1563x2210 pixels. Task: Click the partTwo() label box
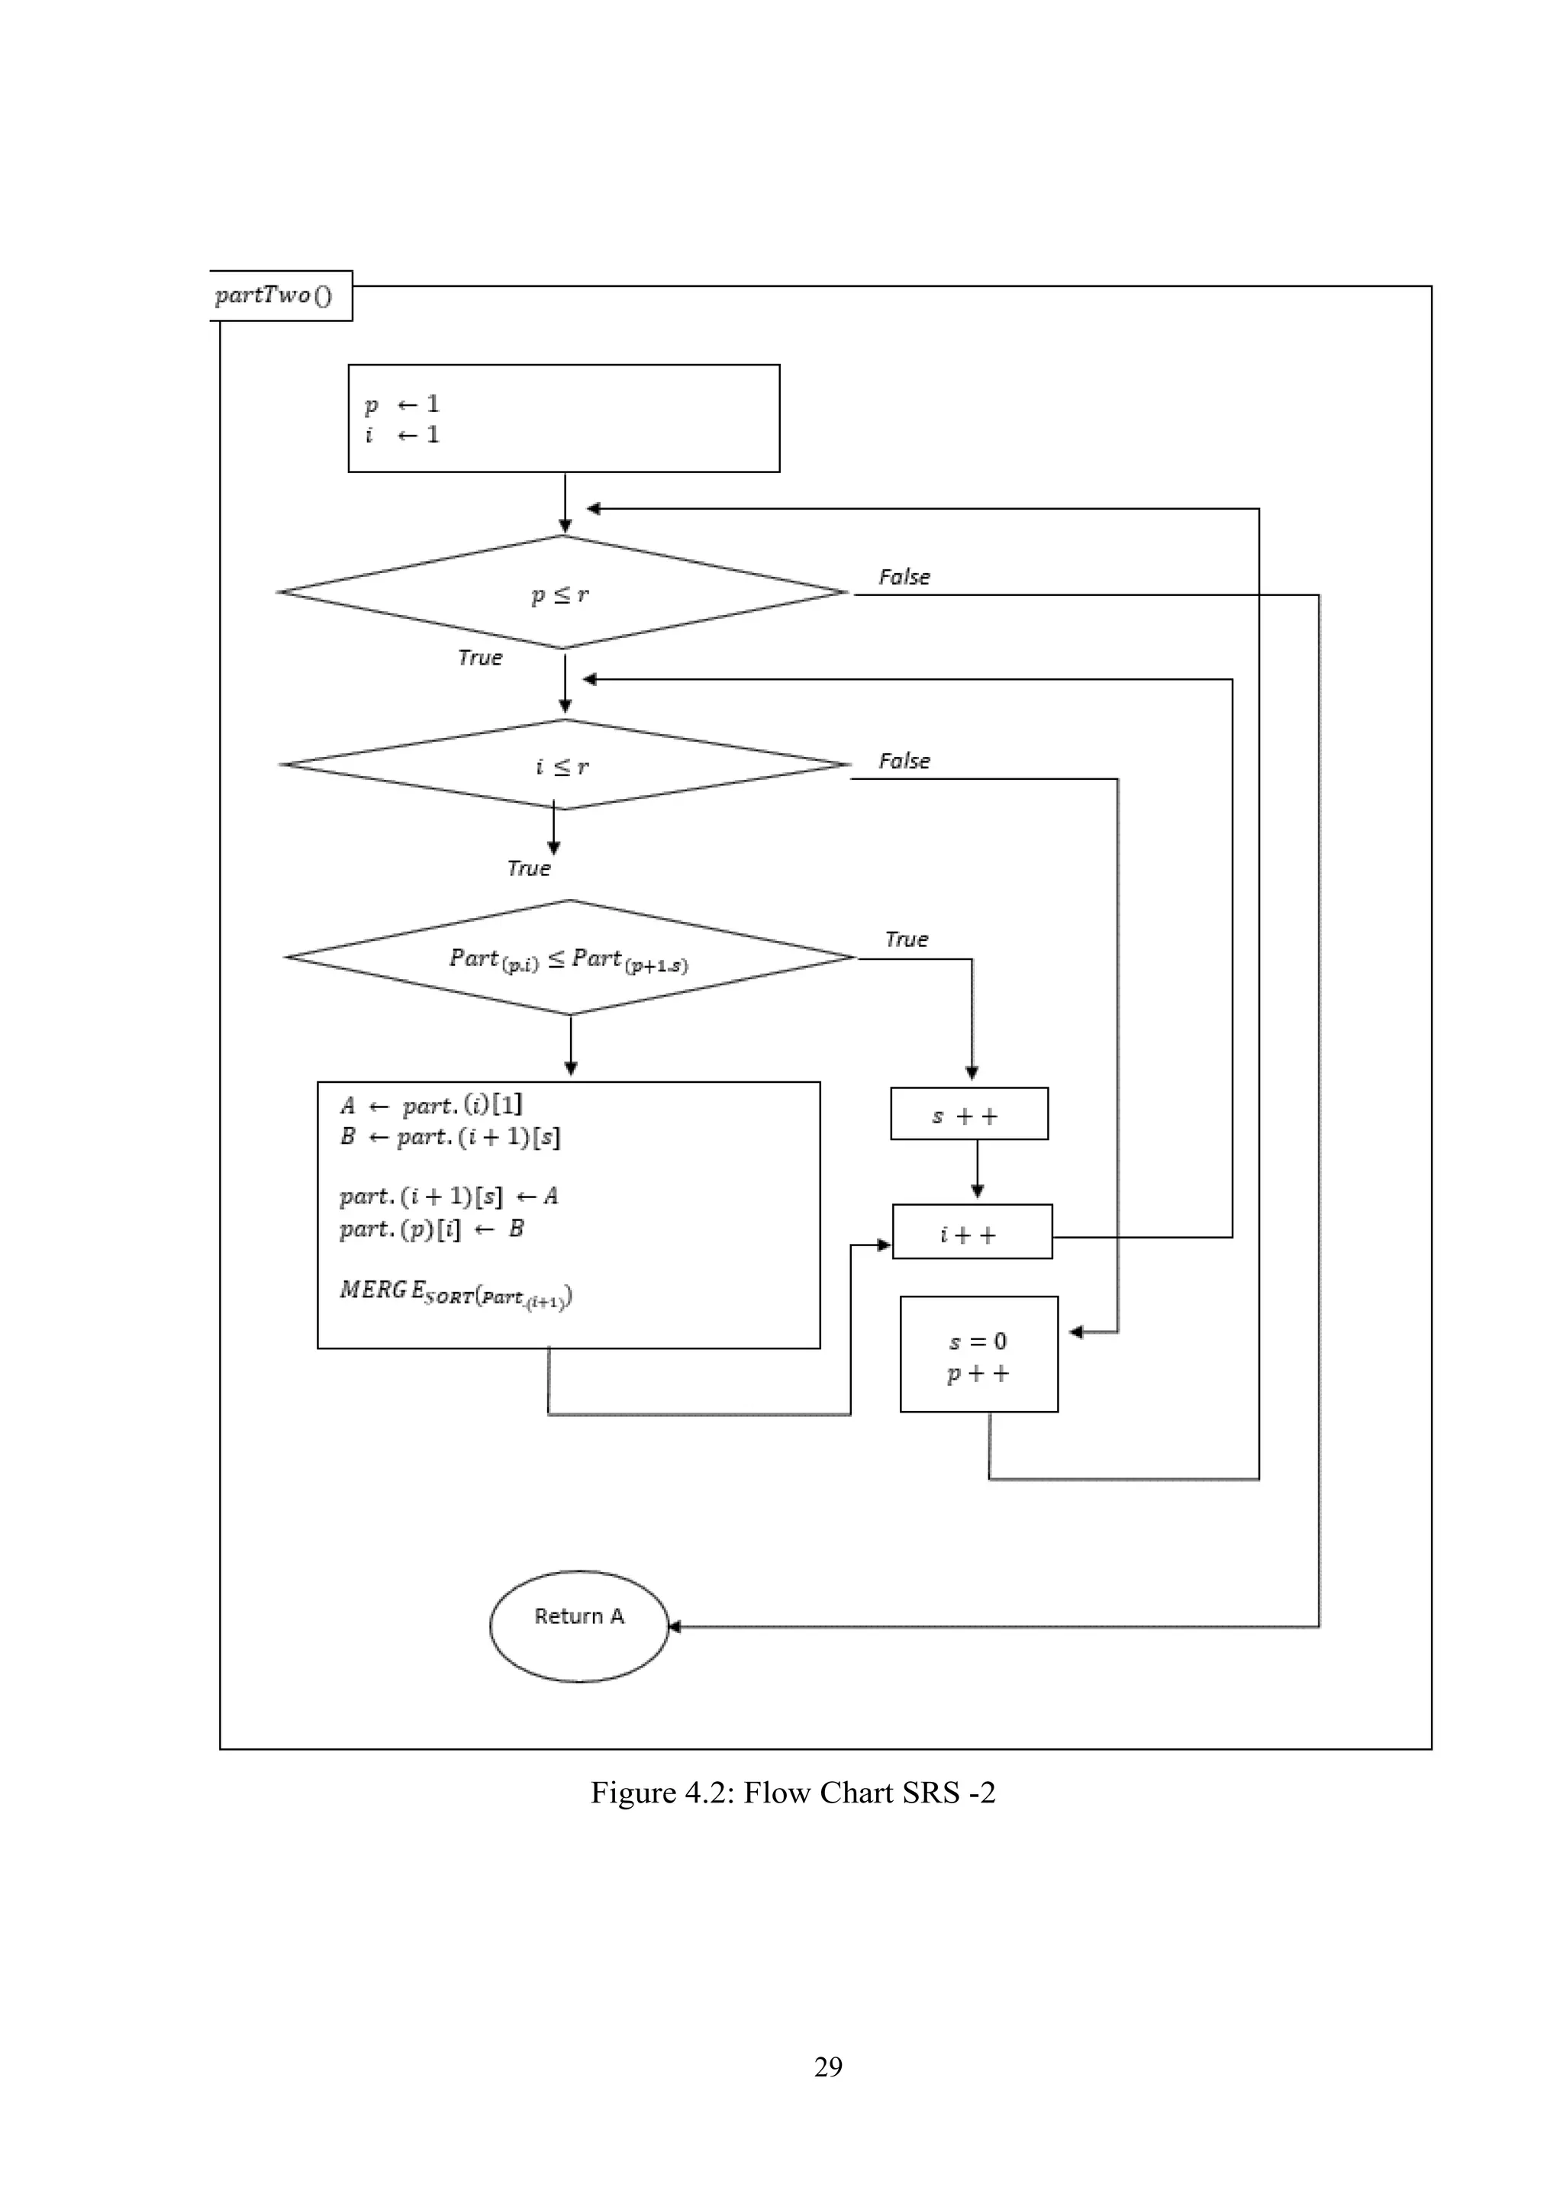pos(279,295)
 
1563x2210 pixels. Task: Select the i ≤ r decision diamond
pos(565,765)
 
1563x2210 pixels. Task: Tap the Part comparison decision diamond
pos(570,958)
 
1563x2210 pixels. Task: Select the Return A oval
pos(578,1627)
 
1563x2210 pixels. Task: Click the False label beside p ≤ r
pos(904,578)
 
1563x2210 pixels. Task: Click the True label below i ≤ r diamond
pos(528,869)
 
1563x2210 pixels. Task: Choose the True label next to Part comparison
pos(906,939)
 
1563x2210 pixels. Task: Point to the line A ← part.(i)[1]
pos(430,1106)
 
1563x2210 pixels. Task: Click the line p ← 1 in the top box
pos(401,404)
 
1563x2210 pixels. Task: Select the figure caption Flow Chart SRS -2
pos(792,1793)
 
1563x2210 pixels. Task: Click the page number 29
pos(828,2067)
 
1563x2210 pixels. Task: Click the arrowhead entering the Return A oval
pos(675,1627)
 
